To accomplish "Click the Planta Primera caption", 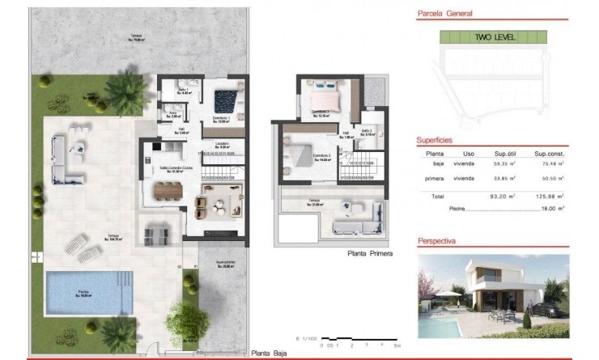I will [371, 253].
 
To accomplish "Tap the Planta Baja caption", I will [270, 353].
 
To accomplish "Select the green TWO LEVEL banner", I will [493, 37].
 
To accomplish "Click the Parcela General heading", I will [444, 14].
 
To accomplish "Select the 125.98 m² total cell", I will [548, 196].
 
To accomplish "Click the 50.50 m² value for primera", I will [548, 178].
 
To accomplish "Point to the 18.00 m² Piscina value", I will [550, 208].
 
